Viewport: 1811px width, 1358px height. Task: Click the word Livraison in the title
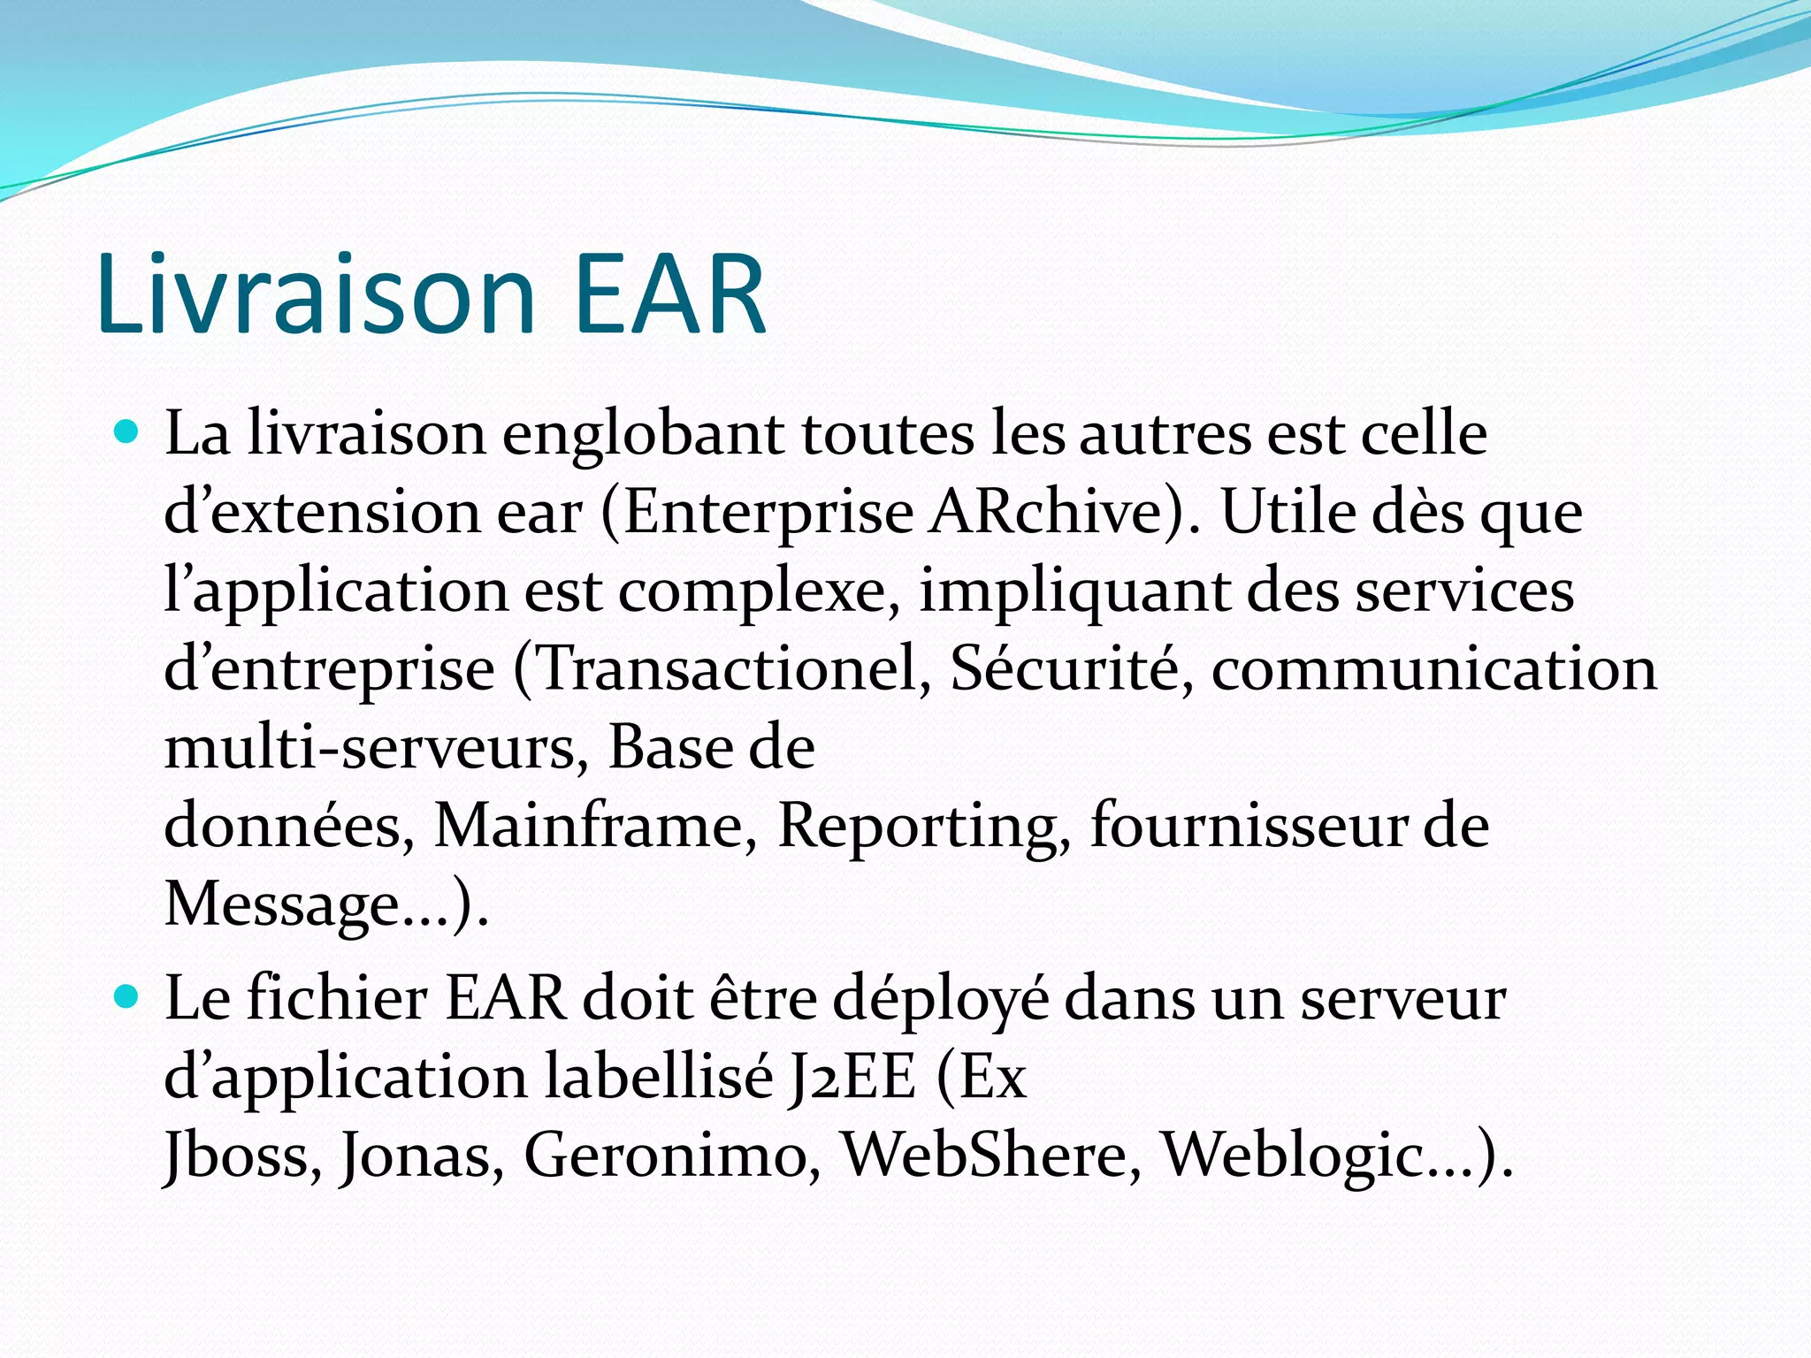tap(317, 294)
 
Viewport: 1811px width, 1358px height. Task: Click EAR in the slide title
tap(669, 294)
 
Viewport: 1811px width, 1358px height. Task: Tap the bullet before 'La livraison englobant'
tap(128, 433)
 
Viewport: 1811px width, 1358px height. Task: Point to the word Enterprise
tap(768, 514)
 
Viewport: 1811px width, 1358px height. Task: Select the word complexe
tap(752, 591)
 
